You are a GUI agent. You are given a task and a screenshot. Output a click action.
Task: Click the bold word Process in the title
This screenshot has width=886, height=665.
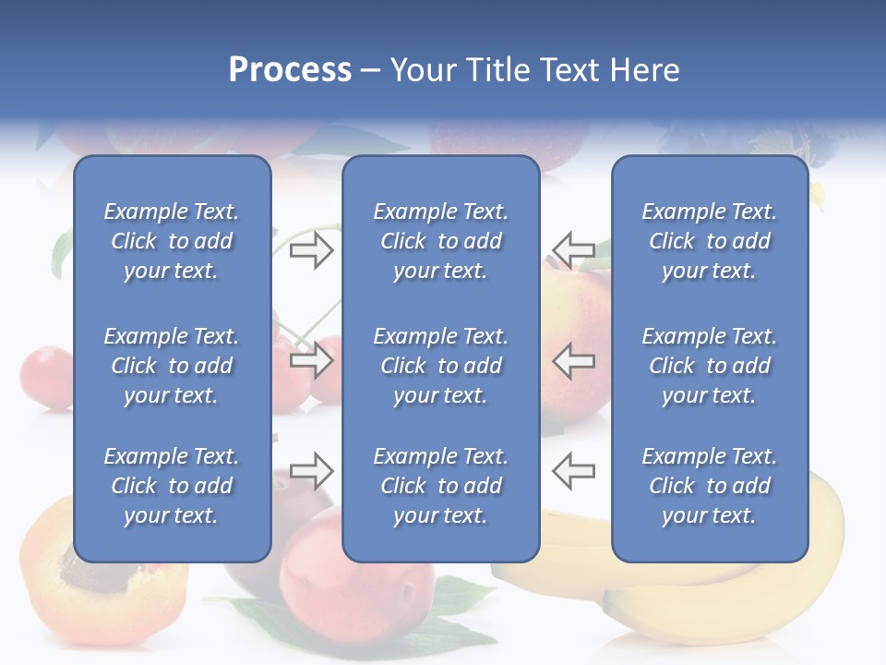(290, 70)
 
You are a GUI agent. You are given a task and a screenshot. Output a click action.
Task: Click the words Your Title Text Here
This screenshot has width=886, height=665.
(535, 70)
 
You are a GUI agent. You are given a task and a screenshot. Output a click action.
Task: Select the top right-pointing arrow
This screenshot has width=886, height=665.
(311, 249)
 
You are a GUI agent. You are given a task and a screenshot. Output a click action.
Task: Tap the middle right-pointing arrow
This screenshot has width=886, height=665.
(311, 360)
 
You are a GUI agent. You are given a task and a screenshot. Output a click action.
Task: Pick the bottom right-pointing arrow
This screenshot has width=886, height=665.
(311, 471)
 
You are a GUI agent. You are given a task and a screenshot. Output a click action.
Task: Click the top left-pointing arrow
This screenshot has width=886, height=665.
(573, 249)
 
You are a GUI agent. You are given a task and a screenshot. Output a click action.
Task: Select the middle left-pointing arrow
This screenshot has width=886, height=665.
(573, 360)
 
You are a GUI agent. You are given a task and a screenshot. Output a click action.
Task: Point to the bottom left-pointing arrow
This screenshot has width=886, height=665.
(573, 471)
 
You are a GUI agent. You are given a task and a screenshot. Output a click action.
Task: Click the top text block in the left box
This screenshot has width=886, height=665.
(172, 241)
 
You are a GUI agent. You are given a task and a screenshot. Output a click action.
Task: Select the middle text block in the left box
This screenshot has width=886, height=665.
(172, 366)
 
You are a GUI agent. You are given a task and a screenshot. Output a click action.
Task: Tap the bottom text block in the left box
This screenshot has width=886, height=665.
(172, 486)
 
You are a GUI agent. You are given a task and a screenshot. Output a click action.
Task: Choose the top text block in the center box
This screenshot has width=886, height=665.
(440, 241)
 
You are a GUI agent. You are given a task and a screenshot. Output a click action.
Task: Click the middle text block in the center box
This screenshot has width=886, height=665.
(440, 366)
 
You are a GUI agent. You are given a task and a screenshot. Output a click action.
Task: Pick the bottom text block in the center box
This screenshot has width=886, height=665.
(440, 486)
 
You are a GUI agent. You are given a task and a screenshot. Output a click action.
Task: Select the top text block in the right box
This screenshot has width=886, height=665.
(709, 241)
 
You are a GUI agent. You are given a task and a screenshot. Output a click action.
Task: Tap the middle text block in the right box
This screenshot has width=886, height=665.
(709, 366)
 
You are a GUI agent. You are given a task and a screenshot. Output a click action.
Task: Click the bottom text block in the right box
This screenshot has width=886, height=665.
(709, 486)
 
